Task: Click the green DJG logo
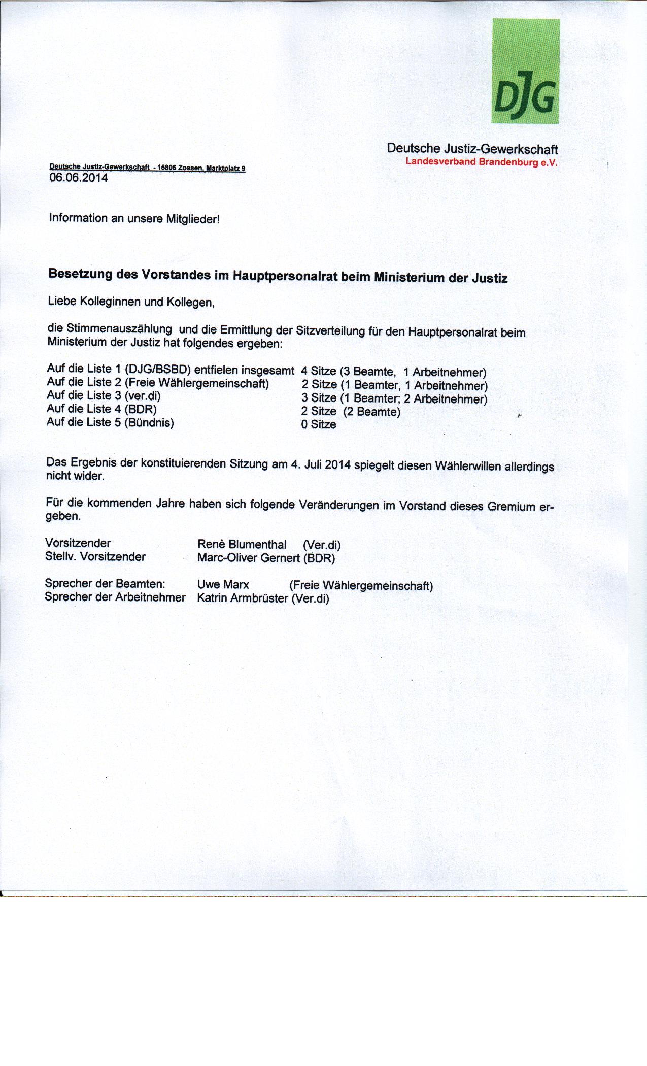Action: click(526, 71)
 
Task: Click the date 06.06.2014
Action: click(78, 178)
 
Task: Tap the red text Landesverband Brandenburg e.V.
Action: click(481, 162)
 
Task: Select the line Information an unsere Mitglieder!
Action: click(134, 219)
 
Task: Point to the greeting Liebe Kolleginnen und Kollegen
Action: click(131, 302)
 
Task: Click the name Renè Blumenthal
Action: click(242, 544)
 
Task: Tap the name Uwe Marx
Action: click(223, 585)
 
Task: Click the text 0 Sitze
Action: click(319, 424)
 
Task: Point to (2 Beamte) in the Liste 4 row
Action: click(372, 412)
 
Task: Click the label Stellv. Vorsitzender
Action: click(95, 556)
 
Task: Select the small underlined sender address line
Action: click(147, 168)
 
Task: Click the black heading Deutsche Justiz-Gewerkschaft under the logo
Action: click(472, 149)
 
